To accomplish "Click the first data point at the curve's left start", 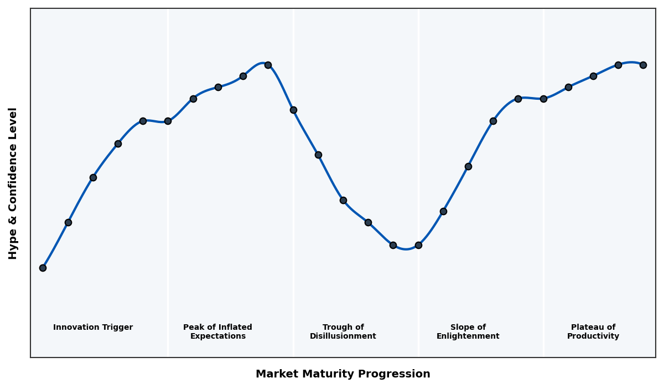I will coord(43,268).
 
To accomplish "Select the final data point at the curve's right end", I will coord(643,65).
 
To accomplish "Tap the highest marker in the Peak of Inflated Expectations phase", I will coord(268,65).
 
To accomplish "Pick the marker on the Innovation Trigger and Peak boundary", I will coord(168,121).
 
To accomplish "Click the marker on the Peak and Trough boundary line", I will coord(293,110).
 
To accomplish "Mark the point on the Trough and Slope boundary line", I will coord(418,245).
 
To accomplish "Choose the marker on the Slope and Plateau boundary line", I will coord(543,99).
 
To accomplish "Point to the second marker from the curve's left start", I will coord(68,222).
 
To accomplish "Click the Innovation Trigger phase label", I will coord(93,328).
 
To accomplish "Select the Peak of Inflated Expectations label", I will coord(218,332).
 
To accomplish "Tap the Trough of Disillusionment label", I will coord(343,332).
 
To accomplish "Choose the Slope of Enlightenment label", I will coord(468,332).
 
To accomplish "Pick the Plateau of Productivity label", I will coord(593,332).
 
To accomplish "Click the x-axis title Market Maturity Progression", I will coord(343,374).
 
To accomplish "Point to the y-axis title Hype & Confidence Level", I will coord(13,183).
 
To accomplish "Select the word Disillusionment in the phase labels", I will coord(343,336).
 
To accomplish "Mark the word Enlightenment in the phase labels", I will coord(468,336).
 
